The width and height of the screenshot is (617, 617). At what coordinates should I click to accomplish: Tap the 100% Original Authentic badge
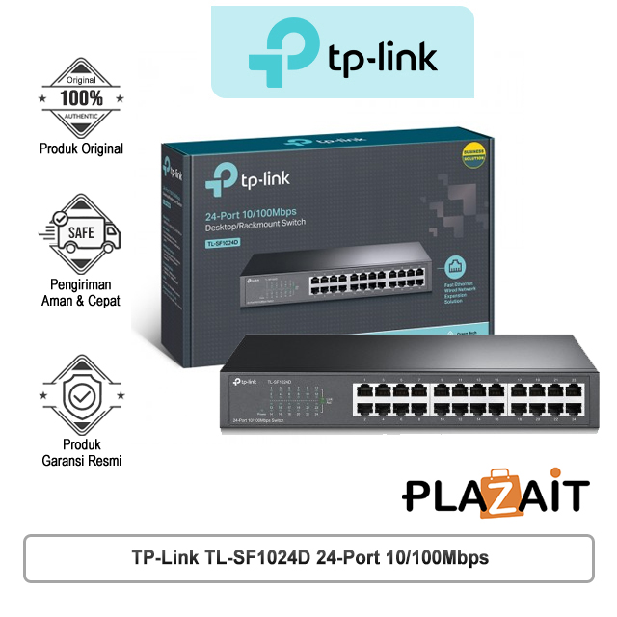point(81,98)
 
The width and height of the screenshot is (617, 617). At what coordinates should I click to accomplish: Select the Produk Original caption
point(81,149)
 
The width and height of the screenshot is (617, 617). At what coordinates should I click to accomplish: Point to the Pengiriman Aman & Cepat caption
point(81,292)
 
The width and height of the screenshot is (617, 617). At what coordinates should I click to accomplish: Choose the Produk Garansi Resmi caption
point(81,452)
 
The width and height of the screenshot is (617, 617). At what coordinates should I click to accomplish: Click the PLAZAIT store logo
point(495,494)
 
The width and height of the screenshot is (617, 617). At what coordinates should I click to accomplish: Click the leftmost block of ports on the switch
point(390,399)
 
